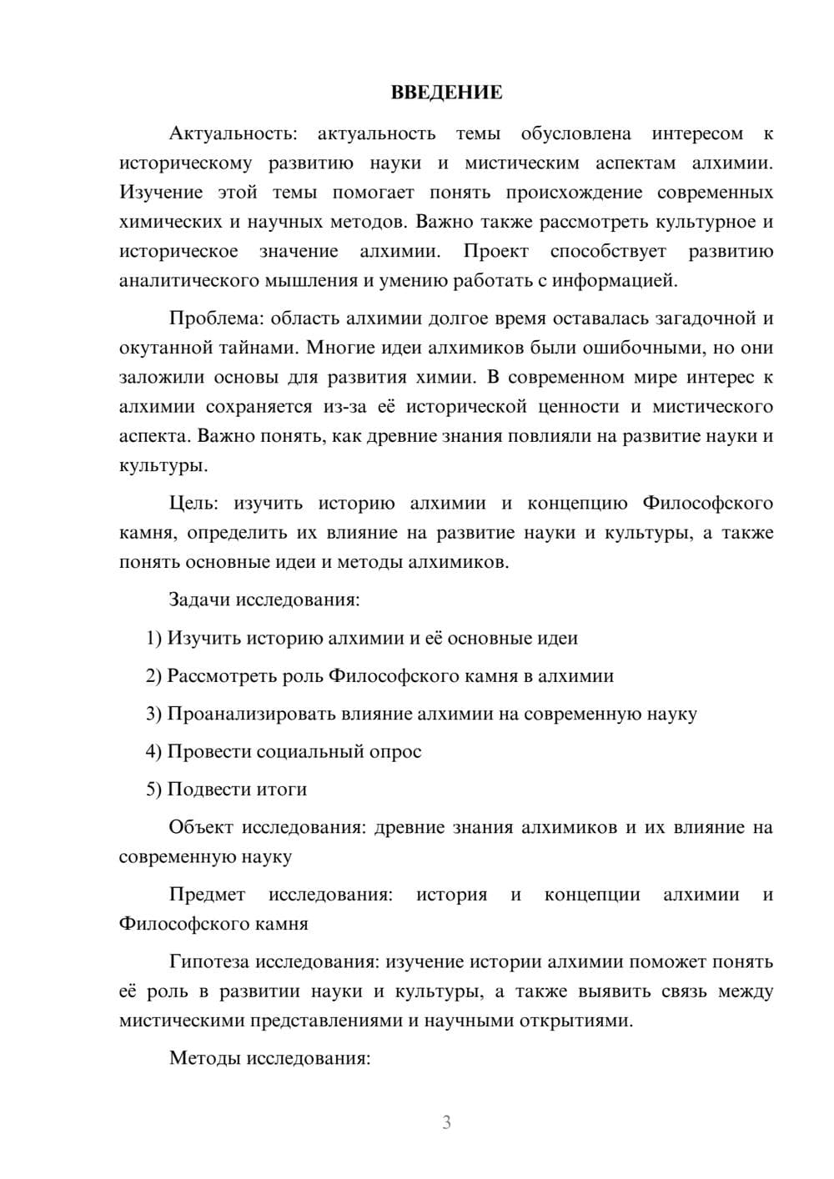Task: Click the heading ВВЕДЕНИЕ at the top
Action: click(446, 93)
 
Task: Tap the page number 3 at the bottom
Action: click(446, 1122)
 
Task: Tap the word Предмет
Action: click(207, 895)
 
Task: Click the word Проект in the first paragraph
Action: click(495, 252)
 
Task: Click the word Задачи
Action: click(199, 600)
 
